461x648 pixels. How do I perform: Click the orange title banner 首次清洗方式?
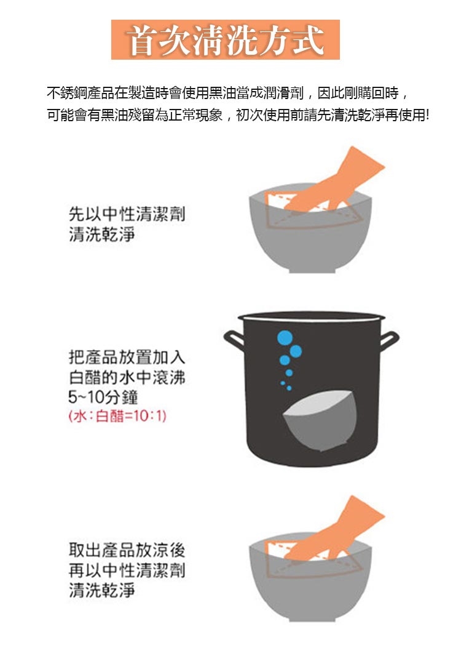226,39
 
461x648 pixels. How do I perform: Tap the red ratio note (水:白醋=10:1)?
117,416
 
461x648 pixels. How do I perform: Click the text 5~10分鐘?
103,397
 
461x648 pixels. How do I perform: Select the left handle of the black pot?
234,340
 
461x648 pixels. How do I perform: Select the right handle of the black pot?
388,340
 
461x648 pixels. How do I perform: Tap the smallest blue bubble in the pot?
283,383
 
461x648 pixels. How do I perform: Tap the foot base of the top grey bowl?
310,270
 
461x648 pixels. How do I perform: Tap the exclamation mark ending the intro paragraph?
428,114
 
